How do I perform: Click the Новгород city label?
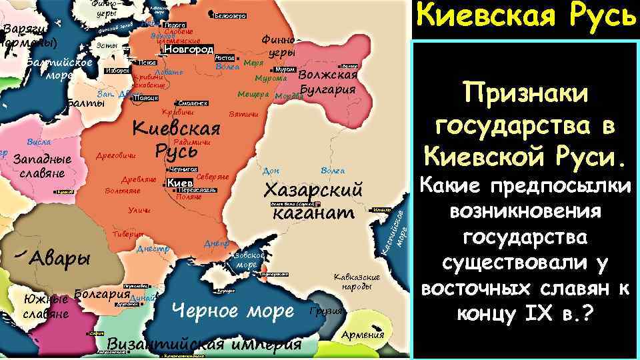click(x=189, y=49)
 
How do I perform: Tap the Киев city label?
click(x=179, y=183)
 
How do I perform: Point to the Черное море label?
click(x=233, y=310)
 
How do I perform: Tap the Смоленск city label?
click(x=193, y=103)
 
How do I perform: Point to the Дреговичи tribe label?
click(x=117, y=156)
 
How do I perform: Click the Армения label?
click(x=363, y=335)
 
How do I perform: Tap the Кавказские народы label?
click(x=357, y=281)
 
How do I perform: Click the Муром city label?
click(x=285, y=69)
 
